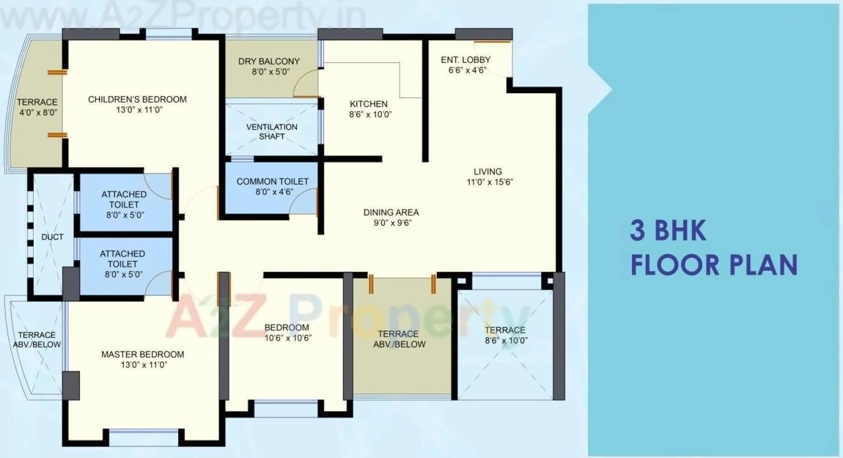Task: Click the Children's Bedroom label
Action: click(137, 100)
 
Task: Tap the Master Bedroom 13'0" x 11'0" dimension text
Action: click(142, 364)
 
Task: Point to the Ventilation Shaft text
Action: click(271, 131)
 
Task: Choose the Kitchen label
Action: click(369, 104)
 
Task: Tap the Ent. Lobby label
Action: click(465, 60)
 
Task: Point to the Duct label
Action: click(52, 237)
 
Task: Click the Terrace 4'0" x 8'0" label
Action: click(37, 107)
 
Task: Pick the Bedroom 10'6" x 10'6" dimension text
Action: click(287, 338)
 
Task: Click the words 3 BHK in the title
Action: click(668, 231)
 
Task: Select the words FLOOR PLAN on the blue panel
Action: click(713, 264)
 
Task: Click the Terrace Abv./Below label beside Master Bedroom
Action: click(37, 339)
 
